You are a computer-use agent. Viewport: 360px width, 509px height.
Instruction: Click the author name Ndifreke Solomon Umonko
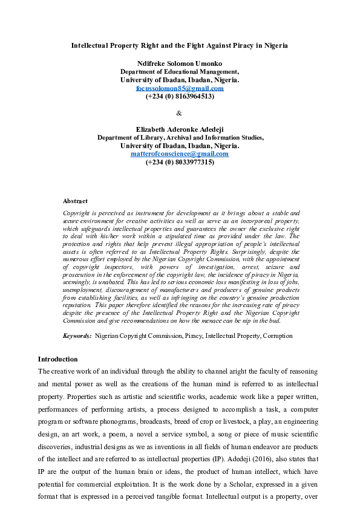180,63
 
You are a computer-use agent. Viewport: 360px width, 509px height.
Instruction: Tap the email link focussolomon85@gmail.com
180,88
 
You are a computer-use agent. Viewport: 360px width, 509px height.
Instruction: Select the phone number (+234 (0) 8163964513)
180,96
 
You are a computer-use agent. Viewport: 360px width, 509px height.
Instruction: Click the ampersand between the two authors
178,113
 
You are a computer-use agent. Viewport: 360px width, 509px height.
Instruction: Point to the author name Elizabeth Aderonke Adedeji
180,129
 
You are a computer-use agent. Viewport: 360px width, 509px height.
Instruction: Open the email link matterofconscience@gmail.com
180,154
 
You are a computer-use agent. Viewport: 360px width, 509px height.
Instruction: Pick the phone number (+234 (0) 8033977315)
180,162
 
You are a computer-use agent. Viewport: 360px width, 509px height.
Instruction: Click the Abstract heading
75,201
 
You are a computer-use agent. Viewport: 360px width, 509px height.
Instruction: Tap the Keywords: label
77,335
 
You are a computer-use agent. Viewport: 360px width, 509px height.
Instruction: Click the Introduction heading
57,360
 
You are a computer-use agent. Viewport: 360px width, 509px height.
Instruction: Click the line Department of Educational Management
180,71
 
